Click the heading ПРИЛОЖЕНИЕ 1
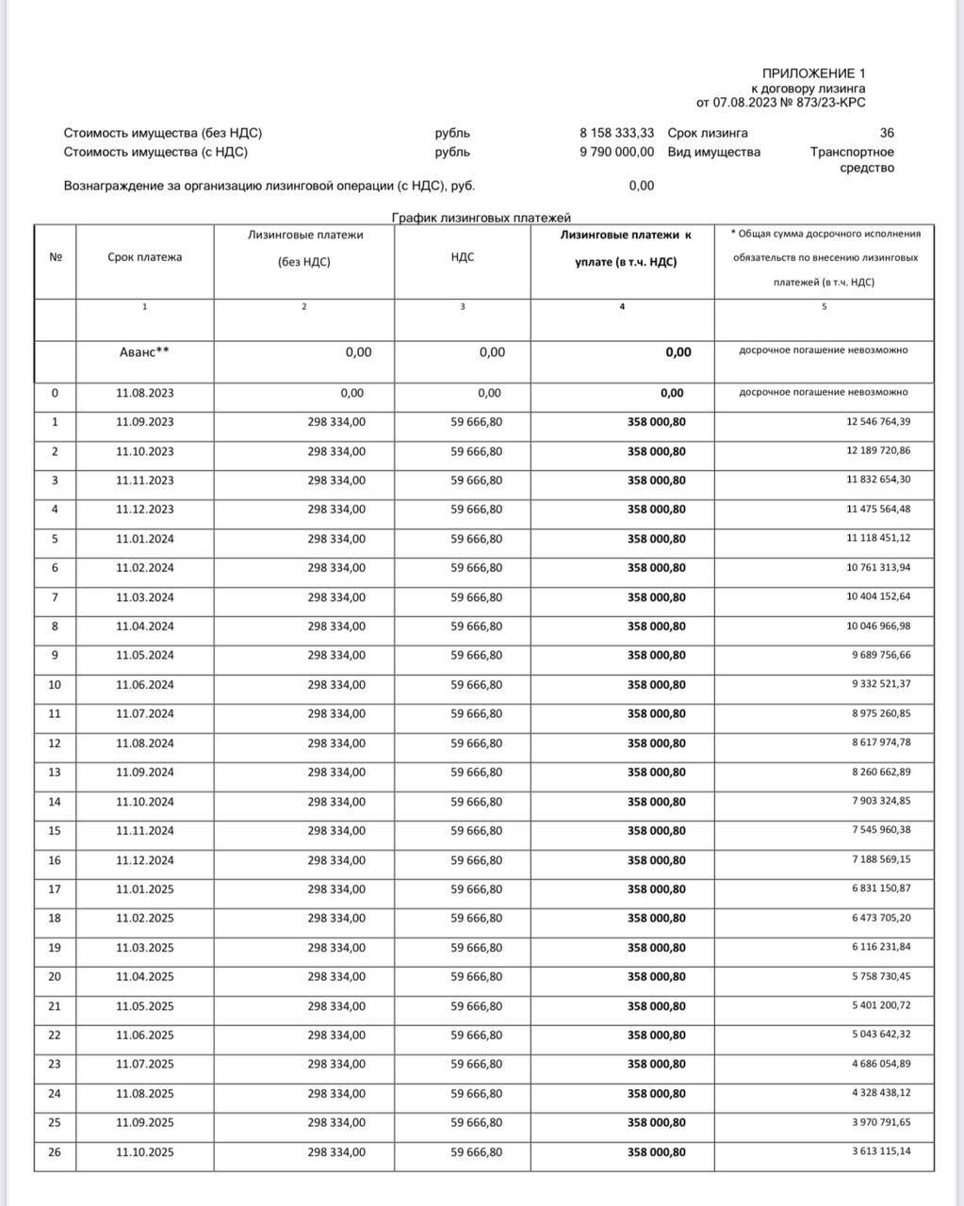pos(813,73)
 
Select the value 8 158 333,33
pos(616,133)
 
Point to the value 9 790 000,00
pos(616,152)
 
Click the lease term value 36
pos(886,133)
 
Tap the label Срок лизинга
pos(708,133)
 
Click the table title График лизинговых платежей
pos(482,218)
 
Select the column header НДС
pos(463,257)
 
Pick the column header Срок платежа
pos(145,257)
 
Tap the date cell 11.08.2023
pos(145,393)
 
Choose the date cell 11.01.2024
pos(145,539)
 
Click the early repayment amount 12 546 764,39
pos(878,421)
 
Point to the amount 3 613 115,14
pos(878,1151)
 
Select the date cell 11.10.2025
pos(145,1152)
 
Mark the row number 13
pos(55,773)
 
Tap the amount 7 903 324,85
pos(878,801)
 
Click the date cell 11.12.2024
pos(145,860)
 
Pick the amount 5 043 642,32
pos(878,1035)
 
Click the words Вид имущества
pos(713,152)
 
